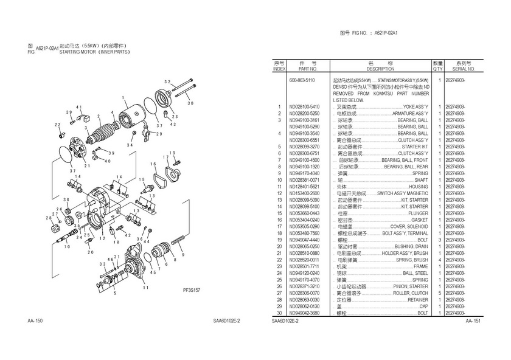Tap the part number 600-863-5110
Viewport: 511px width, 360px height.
tap(302, 80)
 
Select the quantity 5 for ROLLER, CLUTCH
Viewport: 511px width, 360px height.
tap(438, 293)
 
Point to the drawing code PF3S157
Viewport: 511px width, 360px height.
tap(192, 291)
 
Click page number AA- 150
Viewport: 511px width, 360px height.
tap(35, 320)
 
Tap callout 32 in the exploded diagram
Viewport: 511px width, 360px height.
tap(167, 81)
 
